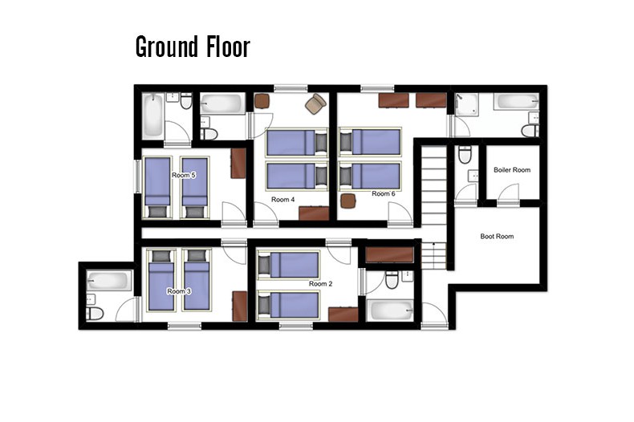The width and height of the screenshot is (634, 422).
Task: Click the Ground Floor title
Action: pyautogui.click(x=193, y=47)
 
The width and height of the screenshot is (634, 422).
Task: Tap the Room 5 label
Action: pyautogui.click(x=184, y=176)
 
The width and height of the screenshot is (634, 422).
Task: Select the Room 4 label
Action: pyautogui.click(x=283, y=199)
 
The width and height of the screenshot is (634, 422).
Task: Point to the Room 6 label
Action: pyautogui.click(x=384, y=193)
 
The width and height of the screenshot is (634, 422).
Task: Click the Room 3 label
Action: pyautogui.click(x=179, y=291)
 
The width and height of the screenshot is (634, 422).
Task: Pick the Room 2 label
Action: pyautogui.click(x=321, y=284)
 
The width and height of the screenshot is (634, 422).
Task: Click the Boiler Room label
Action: pyautogui.click(x=512, y=170)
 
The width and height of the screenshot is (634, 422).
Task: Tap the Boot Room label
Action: pyautogui.click(x=497, y=236)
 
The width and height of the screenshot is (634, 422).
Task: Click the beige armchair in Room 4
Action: pyautogui.click(x=315, y=103)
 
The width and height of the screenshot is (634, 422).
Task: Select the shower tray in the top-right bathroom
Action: pyautogui.click(x=466, y=104)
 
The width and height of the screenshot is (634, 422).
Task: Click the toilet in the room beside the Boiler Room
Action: pyautogui.click(x=465, y=155)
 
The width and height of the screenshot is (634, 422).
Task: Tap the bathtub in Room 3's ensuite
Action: pyautogui.click(x=109, y=281)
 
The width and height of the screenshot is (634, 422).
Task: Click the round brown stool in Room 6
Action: pyautogui.click(x=348, y=201)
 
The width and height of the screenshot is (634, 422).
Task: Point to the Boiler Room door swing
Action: pyautogui.click(x=508, y=192)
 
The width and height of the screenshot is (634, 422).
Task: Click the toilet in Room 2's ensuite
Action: pyautogui.click(x=392, y=279)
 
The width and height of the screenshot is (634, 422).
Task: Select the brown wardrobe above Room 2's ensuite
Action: pyautogui.click(x=389, y=254)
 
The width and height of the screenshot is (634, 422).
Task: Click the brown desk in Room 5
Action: pyautogui.click(x=238, y=164)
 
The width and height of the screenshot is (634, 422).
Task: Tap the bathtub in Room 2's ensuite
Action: pyautogui.click(x=390, y=310)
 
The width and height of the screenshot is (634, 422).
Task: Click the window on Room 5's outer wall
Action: pyautogui.click(x=137, y=177)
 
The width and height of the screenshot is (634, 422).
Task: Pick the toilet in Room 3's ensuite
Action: pyautogui.click(x=95, y=313)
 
